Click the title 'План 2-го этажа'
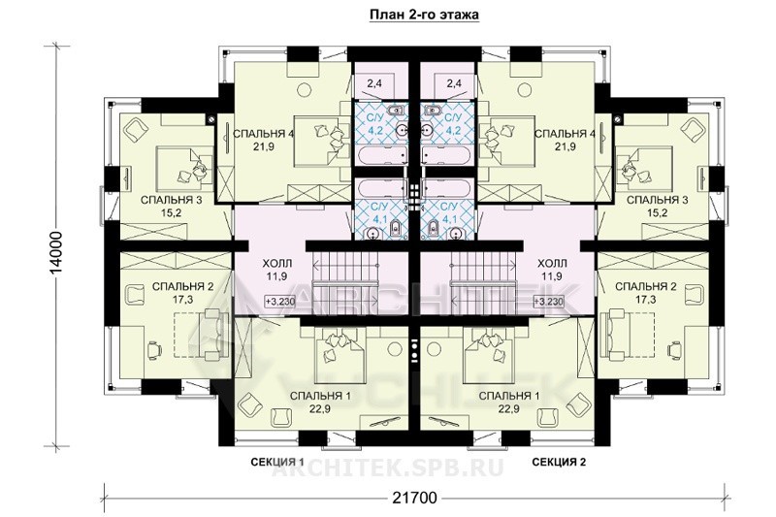pos(424,15)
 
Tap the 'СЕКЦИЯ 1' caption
pos(277,462)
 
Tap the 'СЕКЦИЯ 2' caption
pos(559,462)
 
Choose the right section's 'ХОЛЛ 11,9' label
pos(552,270)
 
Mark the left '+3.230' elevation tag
pos(280,302)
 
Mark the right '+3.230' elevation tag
pos(548,302)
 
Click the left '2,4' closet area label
pos(374,83)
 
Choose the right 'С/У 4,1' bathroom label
pos(449,211)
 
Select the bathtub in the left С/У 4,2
pos(380,155)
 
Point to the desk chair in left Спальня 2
pos(154,348)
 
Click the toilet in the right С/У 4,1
pos(432,229)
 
